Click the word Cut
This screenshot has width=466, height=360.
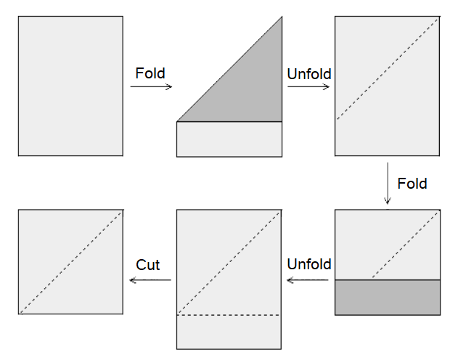point(147,266)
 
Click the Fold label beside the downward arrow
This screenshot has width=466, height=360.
point(412,184)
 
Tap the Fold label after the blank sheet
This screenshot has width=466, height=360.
point(150,73)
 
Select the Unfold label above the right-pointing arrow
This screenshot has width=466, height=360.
point(308,74)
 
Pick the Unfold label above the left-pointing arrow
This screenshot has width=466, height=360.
point(309,264)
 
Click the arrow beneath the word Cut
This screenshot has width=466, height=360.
point(150,280)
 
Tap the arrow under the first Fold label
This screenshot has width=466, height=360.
point(151,87)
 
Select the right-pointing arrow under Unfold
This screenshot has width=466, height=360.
point(308,87)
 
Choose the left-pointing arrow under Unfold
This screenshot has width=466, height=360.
point(308,279)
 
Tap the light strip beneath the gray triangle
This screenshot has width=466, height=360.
point(229,139)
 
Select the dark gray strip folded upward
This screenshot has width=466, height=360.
point(387,297)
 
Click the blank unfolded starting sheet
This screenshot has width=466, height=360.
point(70,86)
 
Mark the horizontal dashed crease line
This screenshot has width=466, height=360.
point(229,315)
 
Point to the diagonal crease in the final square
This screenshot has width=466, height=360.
point(70,262)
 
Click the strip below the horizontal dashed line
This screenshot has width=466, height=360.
point(229,332)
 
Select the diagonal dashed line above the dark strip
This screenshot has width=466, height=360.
point(406,245)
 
